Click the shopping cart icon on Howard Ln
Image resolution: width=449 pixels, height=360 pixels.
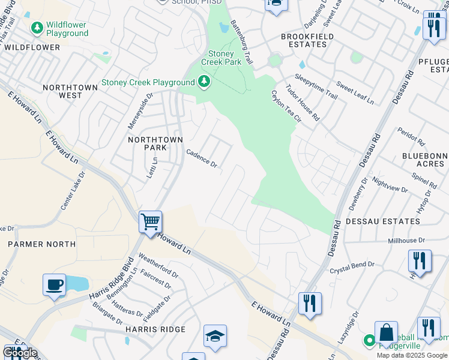pyautogui.click(x=150, y=221)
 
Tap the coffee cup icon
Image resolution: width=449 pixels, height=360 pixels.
pyautogui.click(x=54, y=284)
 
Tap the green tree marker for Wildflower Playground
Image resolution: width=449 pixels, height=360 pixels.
pyautogui.click(x=37, y=28)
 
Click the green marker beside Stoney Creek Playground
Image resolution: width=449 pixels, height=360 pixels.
pyautogui.click(x=205, y=82)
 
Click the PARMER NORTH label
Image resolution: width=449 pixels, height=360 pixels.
pyautogui.click(x=41, y=244)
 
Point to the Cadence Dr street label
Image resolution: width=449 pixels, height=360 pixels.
pyautogui.click(x=202, y=158)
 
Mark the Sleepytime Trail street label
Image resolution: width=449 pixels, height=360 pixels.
pyautogui.click(x=316, y=85)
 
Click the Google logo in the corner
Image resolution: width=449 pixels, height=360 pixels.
pyautogui.click(x=19, y=353)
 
